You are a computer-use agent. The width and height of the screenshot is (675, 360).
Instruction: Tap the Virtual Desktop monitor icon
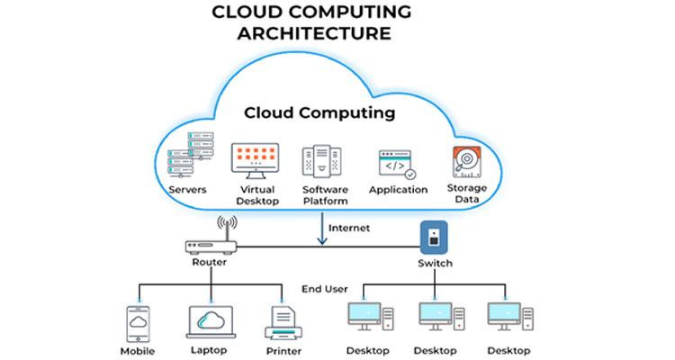256,160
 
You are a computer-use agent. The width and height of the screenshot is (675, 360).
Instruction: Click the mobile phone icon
138,322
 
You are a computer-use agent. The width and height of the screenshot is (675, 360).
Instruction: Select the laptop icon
210,322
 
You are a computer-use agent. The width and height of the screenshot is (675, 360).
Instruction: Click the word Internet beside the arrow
349,228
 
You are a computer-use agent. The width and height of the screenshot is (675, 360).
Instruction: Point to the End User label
324,289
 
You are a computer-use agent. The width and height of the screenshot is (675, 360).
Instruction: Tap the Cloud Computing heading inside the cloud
319,113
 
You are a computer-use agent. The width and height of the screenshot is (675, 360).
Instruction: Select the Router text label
210,263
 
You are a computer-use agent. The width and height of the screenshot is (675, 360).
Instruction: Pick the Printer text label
283,351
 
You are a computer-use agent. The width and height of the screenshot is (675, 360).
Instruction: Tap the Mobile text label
137,351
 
